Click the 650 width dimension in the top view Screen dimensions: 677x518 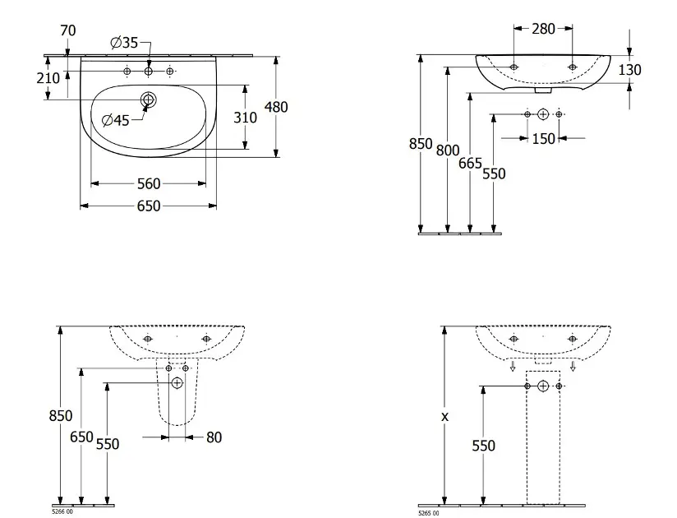click(x=149, y=206)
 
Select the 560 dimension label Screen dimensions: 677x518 click(x=149, y=184)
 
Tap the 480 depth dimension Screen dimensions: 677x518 click(x=276, y=107)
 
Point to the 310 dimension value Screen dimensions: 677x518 click(x=245, y=118)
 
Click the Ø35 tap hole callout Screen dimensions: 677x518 click(x=124, y=43)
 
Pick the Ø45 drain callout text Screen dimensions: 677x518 click(x=116, y=120)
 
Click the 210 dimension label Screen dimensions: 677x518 click(x=48, y=78)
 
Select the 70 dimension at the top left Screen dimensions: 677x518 click(x=68, y=30)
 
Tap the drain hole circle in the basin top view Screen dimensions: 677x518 click(x=148, y=99)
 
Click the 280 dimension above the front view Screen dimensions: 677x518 click(x=543, y=29)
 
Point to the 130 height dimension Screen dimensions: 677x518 click(x=629, y=70)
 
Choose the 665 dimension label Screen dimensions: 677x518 click(x=470, y=164)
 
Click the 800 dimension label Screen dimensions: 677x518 click(x=448, y=150)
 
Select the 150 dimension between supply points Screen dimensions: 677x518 click(x=543, y=139)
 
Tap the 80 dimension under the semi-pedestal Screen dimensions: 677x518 click(x=214, y=437)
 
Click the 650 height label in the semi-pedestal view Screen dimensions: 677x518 click(x=81, y=437)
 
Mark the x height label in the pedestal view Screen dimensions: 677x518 click(x=444, y=417)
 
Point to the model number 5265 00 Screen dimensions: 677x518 click(x=428, y=513)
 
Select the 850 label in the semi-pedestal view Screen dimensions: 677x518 click(x=61, y=415)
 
